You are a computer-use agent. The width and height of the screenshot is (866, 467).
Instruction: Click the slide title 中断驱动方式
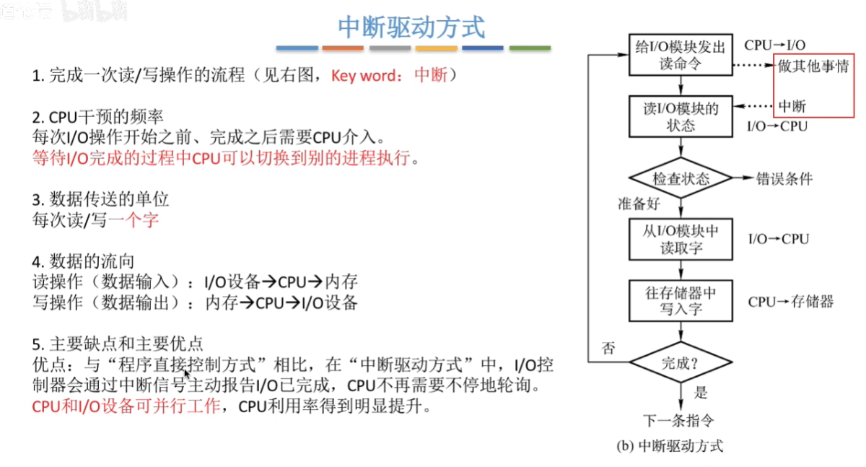click(x=411, y=27)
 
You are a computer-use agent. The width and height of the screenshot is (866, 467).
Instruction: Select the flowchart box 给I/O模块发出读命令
click(x=681, y=55)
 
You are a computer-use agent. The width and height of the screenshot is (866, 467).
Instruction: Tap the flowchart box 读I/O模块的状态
click(x=681, y=116)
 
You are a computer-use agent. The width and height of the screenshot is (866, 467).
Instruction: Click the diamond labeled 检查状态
click(x=681, y=178)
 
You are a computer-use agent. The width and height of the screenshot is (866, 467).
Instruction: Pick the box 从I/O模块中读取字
click(x=681, y=240)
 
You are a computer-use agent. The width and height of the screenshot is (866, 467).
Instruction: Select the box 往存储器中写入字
click(x=681, y=301)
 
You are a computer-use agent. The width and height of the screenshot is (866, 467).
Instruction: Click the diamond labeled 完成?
click(x=681, y=362)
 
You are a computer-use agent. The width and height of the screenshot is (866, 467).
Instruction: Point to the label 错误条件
click(x=784, y=178)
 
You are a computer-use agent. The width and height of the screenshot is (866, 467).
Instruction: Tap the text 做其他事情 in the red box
click(x=813, y=66)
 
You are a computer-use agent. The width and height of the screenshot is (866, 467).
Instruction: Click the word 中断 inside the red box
click(x=792, y=106)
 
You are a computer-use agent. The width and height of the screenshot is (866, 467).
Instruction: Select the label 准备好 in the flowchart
click(x=639, y=204)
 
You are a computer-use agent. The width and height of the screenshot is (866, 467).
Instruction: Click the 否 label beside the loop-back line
click(x=608, y=349)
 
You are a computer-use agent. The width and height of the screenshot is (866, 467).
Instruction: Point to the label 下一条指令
click(x=678, y=420)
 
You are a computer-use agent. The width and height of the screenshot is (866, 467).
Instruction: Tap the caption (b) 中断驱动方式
click(x=670, y=446)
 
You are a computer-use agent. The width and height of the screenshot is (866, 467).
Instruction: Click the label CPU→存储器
click(x=791, y=302)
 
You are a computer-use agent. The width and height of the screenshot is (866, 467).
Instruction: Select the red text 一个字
click(x=134, y=220)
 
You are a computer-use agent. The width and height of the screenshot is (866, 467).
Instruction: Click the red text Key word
click(x=363, y=75)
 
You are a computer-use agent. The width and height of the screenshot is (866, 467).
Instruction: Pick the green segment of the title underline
click(x=530, y=48)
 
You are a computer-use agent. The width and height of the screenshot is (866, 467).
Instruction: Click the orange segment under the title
click(x=343, y=48)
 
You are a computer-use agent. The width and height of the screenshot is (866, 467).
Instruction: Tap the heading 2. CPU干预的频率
click(x=98, y=117)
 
